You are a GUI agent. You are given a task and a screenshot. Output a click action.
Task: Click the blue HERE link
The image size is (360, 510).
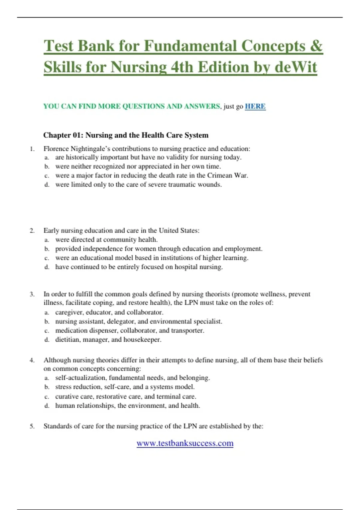pyautogui.click(x=255, y=106)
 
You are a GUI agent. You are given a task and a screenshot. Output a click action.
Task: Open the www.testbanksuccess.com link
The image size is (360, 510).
pyautogui.click(x=185, y=443)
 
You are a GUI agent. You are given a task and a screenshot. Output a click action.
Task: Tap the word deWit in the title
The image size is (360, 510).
pyautogui.click(x=295, y=67)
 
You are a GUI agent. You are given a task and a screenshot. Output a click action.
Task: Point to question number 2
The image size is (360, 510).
pyautogui.click(x=32, y=230)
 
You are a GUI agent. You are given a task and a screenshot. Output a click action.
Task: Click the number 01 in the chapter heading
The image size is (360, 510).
pyautogui.click(x=78, y=135)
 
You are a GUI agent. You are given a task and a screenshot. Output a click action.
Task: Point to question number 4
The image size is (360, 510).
pyautogui.click(x=32, y=360)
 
